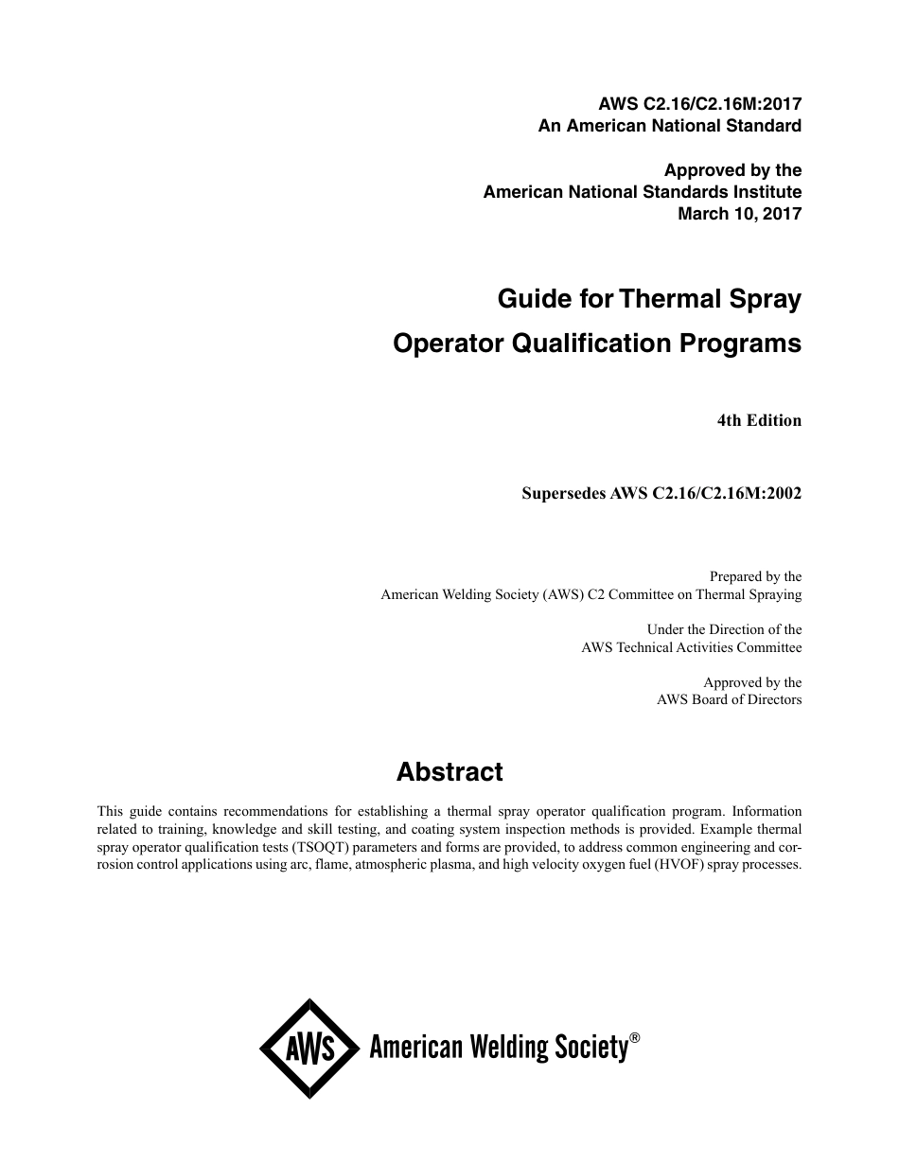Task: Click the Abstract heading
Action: pos(449,772)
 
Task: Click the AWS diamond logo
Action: pos(309,1049)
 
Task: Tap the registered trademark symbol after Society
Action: pos(635,1038)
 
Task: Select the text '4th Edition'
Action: pos(759,420)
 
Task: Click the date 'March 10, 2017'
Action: pos(740,213)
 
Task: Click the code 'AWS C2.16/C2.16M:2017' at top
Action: pos(700,104)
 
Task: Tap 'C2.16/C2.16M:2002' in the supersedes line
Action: pos(727,492)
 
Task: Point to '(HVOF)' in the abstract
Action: pos(694,865)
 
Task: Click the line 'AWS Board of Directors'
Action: pos(729,700)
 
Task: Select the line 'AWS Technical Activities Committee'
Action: pos(691,648)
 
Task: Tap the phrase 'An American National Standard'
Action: pos(670,125)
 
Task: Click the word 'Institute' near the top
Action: pos(768,192)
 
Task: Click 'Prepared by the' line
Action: pos(755,576)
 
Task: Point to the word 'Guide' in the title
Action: pos(534,300)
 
